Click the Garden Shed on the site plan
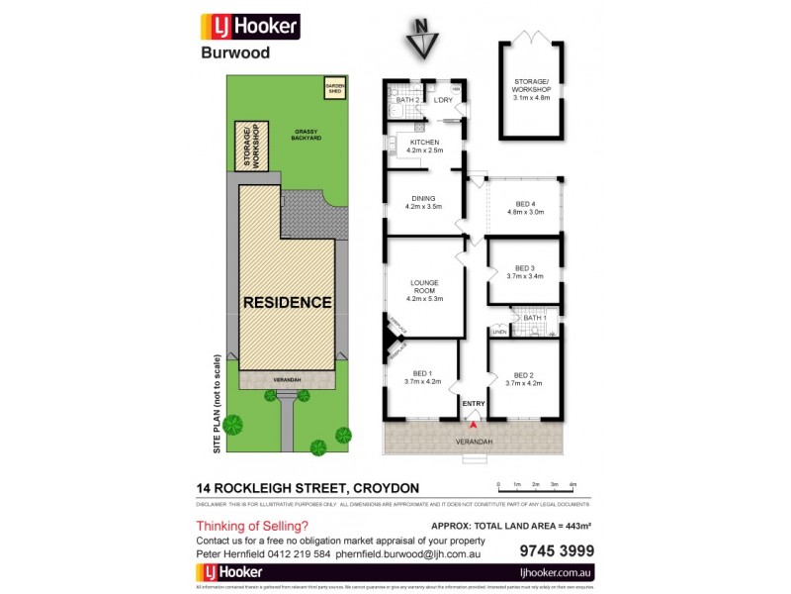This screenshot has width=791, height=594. (333, 91)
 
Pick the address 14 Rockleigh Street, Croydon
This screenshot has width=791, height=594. (308, 487)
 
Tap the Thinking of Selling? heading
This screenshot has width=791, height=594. (252, 526)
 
